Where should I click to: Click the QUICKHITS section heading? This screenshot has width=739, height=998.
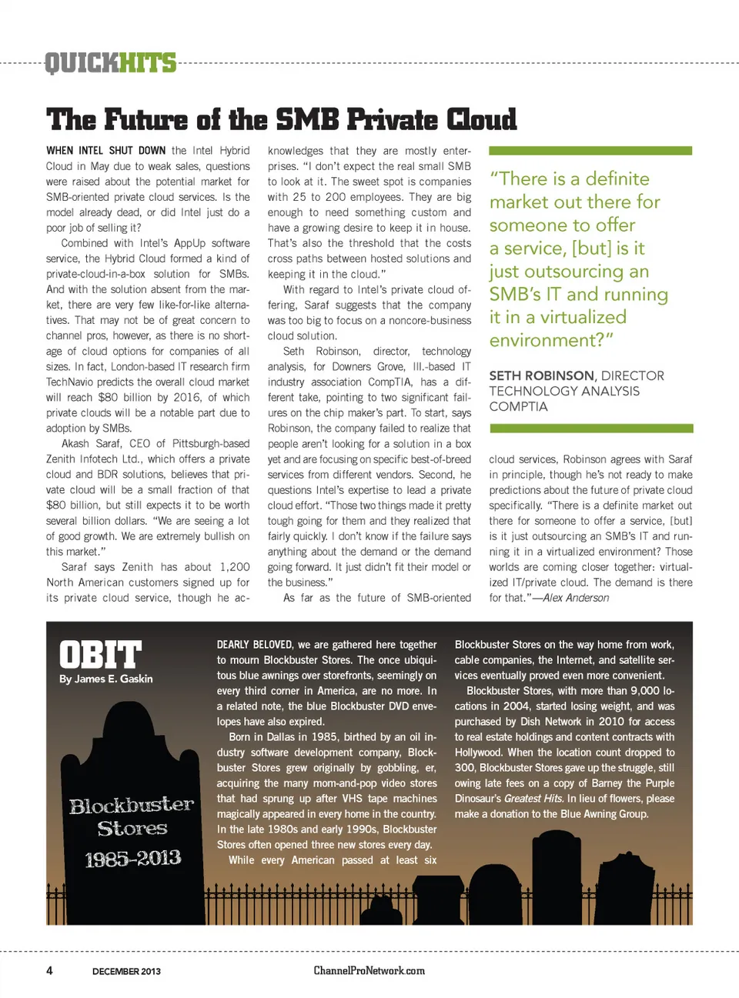pyautogui.click(x=110, y=62)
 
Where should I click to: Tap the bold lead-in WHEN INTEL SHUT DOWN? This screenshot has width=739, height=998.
pyautogui.click(x=105, y=151)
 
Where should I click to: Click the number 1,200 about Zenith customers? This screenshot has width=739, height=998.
pyautogui.click(x=234, y=567)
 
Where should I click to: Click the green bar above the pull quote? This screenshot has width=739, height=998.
pyautogui.click(x=590, y=151)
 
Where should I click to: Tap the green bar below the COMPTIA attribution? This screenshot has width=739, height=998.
pyautogui.click(x=590, y=428)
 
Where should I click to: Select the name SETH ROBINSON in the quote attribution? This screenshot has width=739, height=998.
pyautogui.click(x=541, y=376)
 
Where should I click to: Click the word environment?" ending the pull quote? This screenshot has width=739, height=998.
pyautogui.click(x=551, y=340)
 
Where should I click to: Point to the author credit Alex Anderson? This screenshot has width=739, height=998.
pyautogui.click(x=576, y=598)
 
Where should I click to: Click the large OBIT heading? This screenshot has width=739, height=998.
pyautogui.click(x=100, y=655)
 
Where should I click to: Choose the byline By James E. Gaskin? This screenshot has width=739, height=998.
pyautogui.click(x=105, y=679)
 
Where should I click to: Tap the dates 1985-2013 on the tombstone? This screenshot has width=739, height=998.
pyautogui.click(x=132, y=858)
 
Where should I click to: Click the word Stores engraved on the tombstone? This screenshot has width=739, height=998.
pyautogui.click(x=132, y=828)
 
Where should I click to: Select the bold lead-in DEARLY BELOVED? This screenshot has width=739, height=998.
pyautogui.click(x=254, y=645)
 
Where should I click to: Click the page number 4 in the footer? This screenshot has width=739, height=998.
pyautogui.click(x=49, y=970)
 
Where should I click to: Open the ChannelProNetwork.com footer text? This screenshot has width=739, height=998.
pyautogui.click(x=369, y=970)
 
